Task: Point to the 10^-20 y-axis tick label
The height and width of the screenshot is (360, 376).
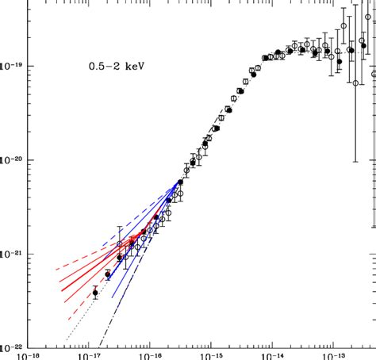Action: point(8,160)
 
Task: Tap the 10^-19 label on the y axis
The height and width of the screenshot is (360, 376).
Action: point(8,66)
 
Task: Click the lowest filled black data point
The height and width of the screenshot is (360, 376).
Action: point(95,293)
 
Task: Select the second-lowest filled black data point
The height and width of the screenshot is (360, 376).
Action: point(108,274)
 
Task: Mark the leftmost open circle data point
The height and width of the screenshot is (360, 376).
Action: point(120,244)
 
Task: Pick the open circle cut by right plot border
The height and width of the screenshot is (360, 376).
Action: point(374,75)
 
